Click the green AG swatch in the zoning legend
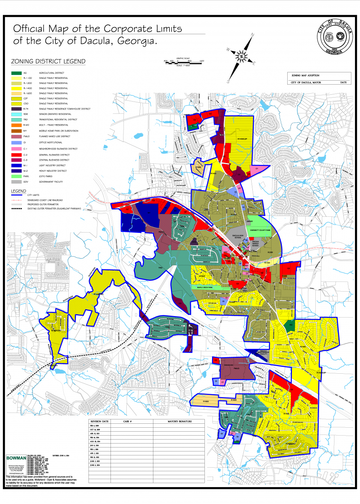coord(16,73)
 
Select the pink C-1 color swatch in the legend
coord(16,149)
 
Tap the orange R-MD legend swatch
coord(16,125)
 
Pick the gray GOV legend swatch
coord(16,182)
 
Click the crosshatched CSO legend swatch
coord(16,104)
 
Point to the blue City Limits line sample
coord(17,195)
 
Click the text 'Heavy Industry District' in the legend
coord(53,171)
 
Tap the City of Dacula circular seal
coord(334,37)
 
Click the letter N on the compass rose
coord(252,35)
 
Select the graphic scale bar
coord(184,63)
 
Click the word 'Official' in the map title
coord(29,29)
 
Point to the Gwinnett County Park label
coord(260,230)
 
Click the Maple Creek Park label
coord(205,287)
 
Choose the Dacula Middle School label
coord(255,243)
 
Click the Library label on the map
coord(250,221)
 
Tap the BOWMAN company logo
coord(16,458)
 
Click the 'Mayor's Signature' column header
coord(179,421)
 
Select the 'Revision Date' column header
coord(99,421)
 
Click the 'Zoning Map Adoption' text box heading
coord(305,76)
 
